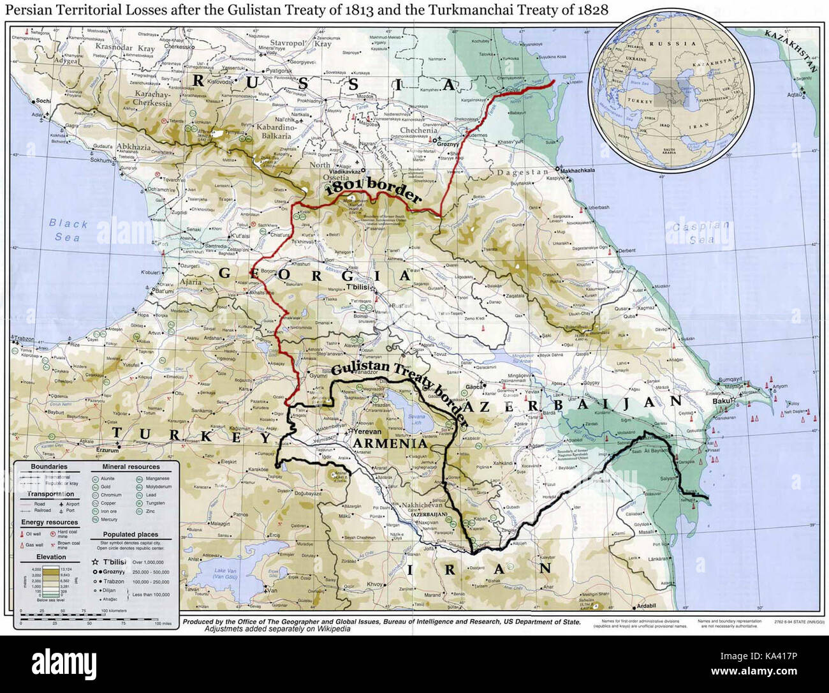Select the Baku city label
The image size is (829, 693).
(721, 401)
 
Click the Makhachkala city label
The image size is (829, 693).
(578, 170)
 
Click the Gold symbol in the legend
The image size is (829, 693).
(96, 486)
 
